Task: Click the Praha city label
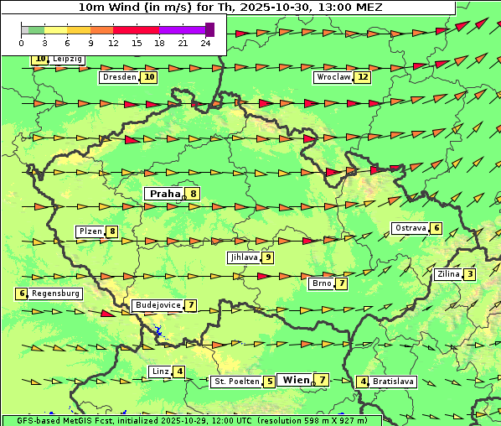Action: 164,194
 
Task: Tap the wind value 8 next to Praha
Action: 194,194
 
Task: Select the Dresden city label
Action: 119,77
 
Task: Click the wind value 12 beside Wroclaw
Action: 362,77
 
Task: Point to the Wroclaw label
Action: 333,77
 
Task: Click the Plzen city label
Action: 90,231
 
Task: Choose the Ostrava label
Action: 411,228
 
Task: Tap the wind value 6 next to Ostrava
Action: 436,228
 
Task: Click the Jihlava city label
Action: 244,257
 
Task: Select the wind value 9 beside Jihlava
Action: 267,257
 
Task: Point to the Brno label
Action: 322,283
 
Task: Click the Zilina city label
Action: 447,274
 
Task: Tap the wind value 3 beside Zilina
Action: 470,274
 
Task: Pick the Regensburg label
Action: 56,294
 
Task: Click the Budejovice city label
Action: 158,305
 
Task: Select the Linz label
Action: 160,371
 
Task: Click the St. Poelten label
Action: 235,382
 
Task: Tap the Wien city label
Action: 296,380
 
